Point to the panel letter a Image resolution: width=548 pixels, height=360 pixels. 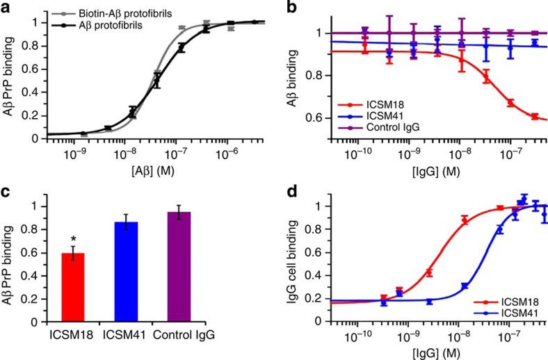(6, 8)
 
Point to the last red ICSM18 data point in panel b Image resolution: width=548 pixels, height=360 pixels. (534, 117)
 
